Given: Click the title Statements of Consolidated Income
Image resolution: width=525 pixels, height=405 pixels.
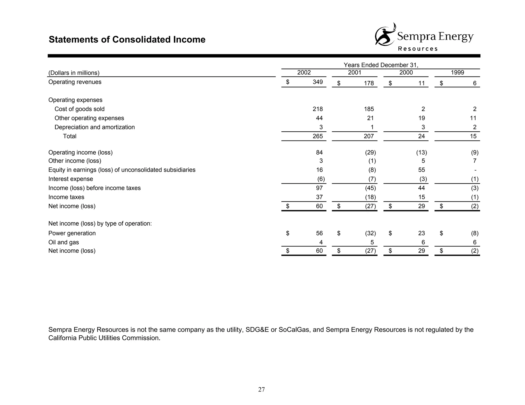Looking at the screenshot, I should coord(127,40).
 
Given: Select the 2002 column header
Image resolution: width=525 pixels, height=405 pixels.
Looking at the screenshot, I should coord(304,72).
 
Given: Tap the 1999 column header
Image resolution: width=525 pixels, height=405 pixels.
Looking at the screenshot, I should coord(457,72).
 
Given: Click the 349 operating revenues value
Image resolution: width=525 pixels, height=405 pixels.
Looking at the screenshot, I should coord(318,82).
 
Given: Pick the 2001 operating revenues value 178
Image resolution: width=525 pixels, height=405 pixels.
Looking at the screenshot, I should coord(369,83).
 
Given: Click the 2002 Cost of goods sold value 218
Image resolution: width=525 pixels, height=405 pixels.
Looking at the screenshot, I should coord(318,109).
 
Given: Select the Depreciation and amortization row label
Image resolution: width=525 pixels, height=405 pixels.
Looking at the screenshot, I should coord(94,127).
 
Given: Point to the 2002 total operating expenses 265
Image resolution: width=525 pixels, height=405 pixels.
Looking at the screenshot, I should coord(318,136).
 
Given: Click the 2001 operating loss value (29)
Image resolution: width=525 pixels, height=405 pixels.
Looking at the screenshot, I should coord(370,153).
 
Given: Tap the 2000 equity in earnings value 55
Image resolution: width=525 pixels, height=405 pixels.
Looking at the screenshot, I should coord(421,170).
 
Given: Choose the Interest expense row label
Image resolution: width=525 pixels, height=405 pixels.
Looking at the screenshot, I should coord(70,179).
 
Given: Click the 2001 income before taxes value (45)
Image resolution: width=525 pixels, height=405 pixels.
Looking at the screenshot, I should coord(370,188).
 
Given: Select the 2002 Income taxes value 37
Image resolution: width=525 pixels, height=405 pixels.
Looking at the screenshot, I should coord(319,197).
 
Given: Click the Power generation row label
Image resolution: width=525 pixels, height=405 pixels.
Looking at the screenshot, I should coord(72,233).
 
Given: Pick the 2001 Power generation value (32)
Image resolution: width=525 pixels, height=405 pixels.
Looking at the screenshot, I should coord(370,233).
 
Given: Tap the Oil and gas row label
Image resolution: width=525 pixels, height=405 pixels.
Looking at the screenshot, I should coord(64,242).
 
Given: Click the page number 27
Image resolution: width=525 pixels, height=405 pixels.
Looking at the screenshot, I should coord(261,389).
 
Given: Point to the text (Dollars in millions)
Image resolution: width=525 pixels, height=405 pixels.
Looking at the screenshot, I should coord(74,73).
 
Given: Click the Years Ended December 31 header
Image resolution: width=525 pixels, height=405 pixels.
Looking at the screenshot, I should coord(381,65).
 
